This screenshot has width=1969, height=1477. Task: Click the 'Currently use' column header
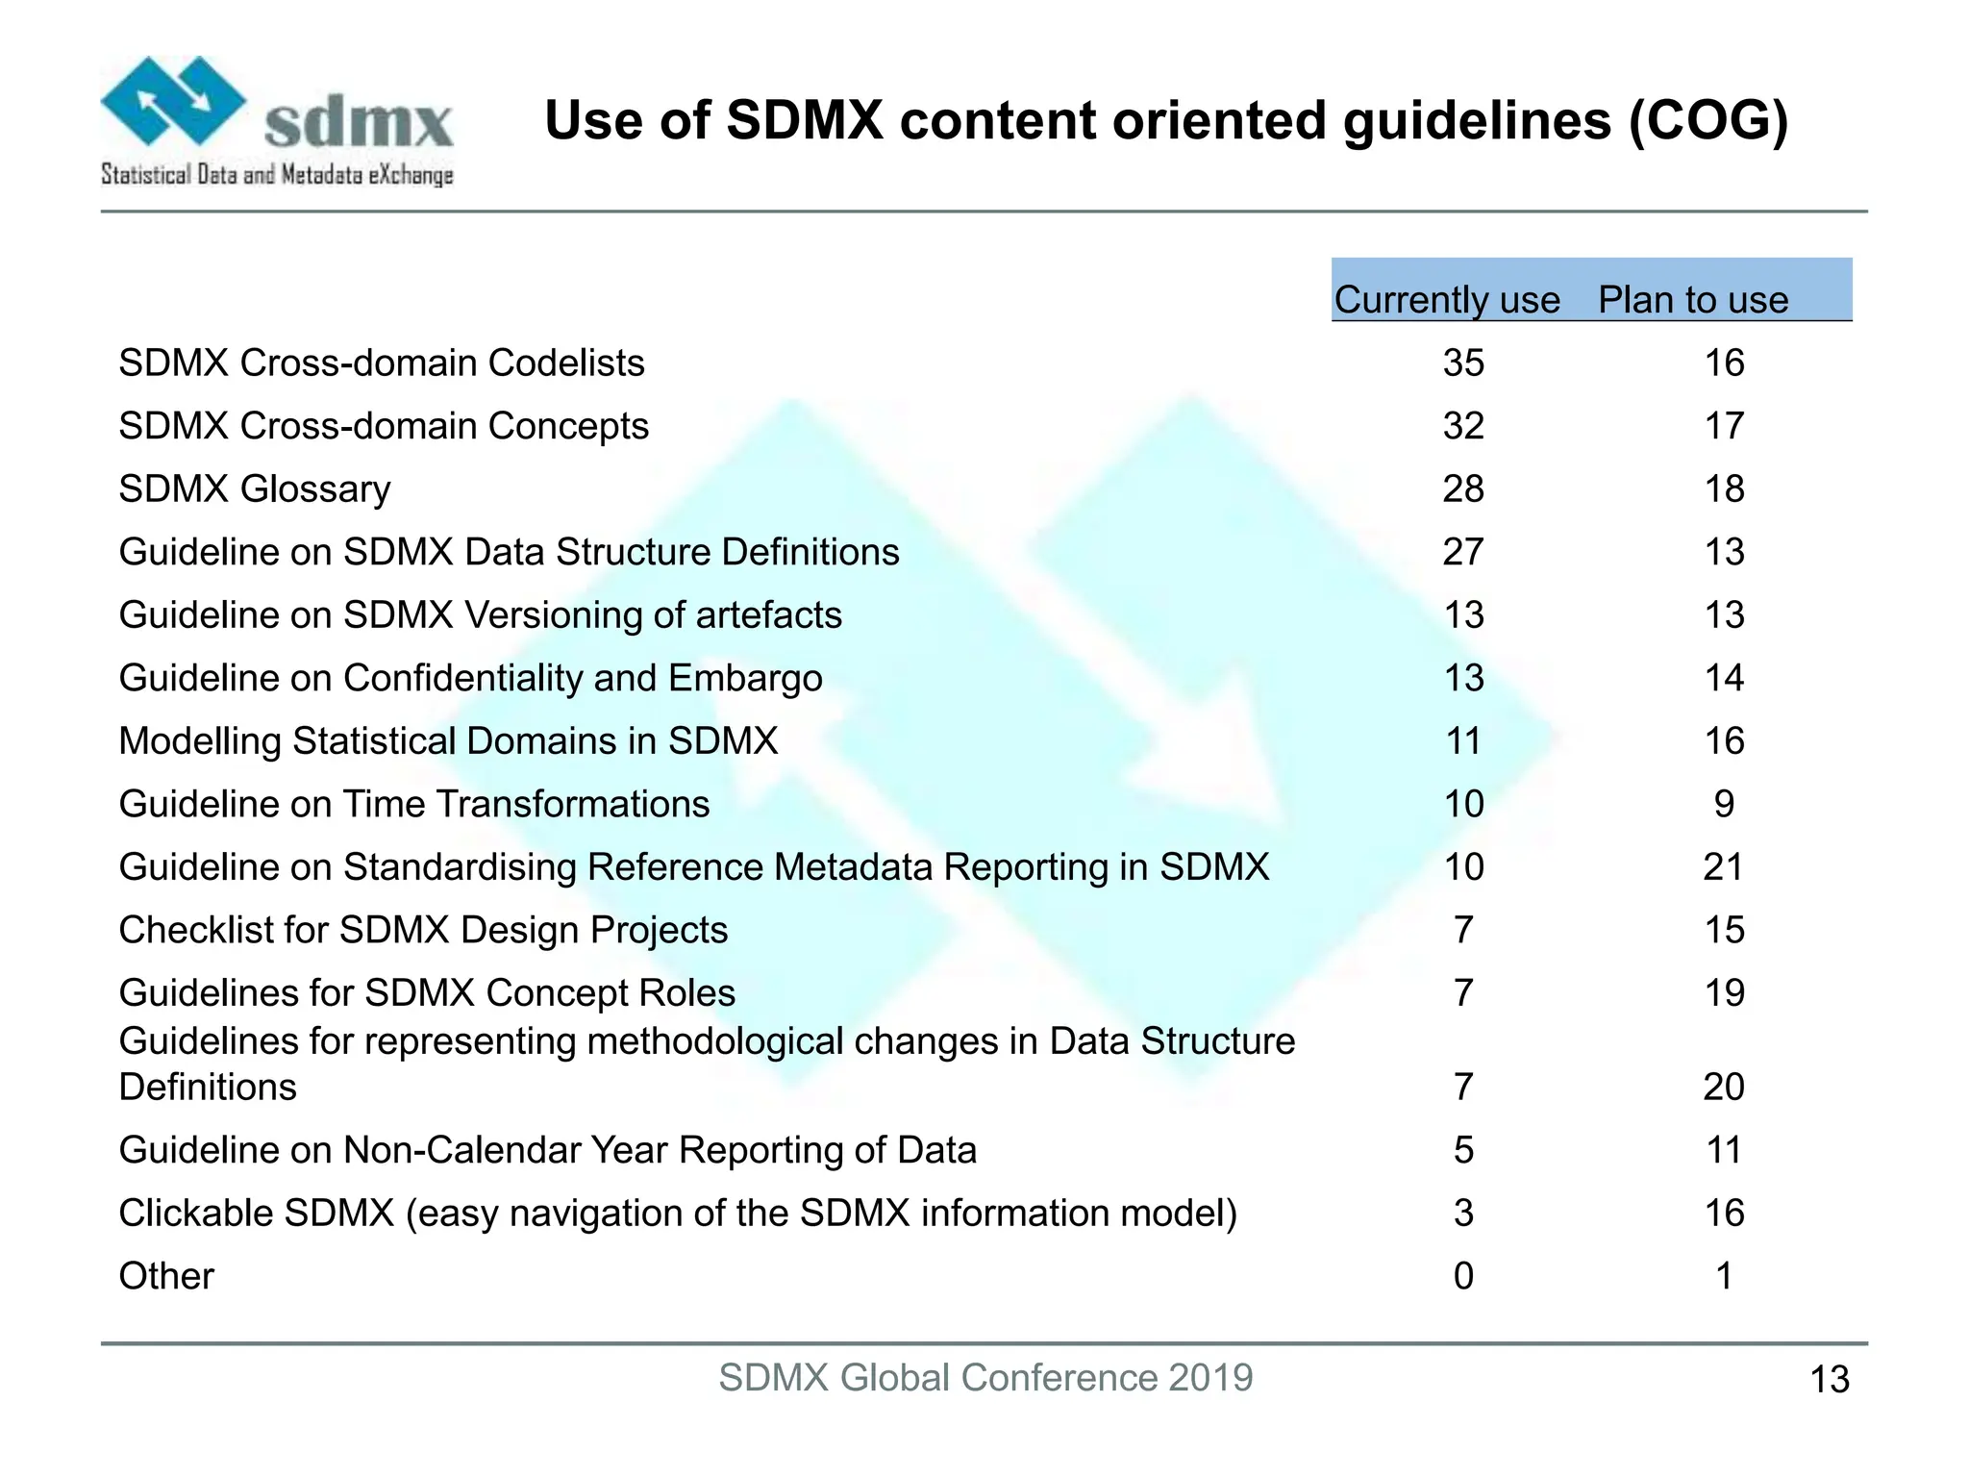[1446, 300]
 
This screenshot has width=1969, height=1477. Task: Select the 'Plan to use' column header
[1693, 300]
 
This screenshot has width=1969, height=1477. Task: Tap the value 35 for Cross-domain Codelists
[1463, 363]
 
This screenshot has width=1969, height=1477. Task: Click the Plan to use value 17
[1724, 426]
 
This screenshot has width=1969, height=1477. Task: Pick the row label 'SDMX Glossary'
[255, 489]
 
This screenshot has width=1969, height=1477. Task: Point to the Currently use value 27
[1463, 552]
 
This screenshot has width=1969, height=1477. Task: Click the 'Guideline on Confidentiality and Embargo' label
[470, 678]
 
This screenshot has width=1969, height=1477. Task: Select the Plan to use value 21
[1723, 867]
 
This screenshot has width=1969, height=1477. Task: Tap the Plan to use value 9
[1724, 804]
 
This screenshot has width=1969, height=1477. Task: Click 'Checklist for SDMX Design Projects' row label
[423, 930]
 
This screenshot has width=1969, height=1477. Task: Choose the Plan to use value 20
[1723, 1087]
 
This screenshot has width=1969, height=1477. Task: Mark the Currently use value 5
[1463, 1150]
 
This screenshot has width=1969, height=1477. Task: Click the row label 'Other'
[166, 1276]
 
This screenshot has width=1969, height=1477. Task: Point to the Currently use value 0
[1463, 1276]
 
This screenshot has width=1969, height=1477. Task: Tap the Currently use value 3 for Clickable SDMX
[1463, 1214]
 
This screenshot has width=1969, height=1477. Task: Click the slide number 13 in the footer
[1829, 1380]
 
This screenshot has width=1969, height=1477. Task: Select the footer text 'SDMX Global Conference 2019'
[985, 1378]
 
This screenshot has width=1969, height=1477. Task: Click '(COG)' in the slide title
[1707, 122]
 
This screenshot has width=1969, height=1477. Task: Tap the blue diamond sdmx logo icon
[173, 100]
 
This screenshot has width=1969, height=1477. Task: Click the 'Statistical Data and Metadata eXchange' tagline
[277, 175]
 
